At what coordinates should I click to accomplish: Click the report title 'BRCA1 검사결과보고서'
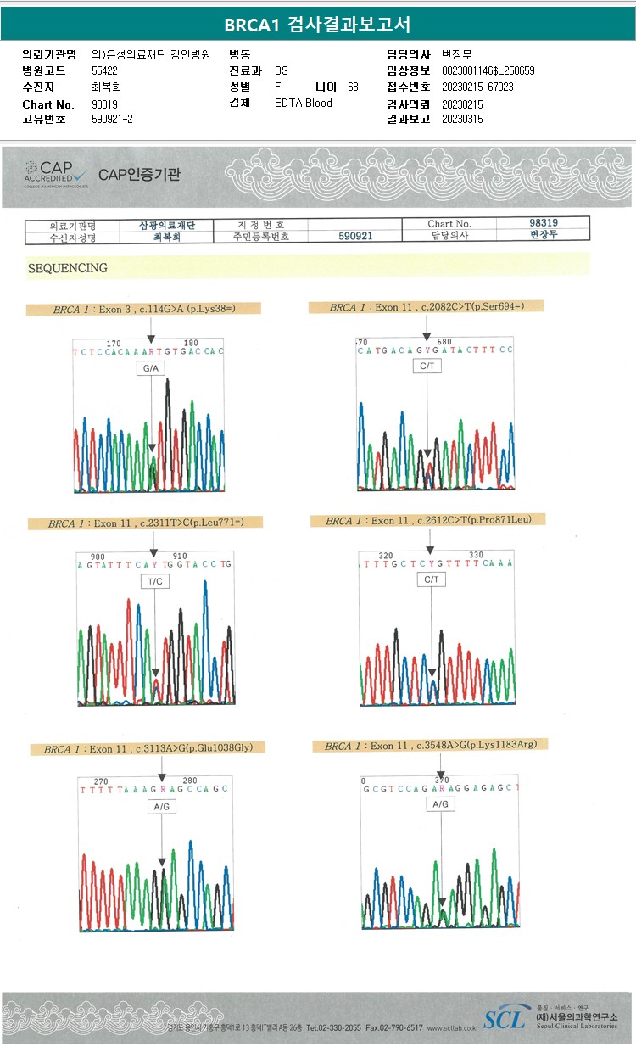(317, 24)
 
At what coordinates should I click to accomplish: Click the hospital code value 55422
(106, 70)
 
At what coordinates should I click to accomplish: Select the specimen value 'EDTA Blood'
(304, 104)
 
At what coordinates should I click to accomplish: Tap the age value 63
(353, 87)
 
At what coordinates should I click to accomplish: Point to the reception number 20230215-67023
(477, 87)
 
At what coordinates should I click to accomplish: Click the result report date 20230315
(462, 120)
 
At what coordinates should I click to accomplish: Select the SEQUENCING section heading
(68, 268)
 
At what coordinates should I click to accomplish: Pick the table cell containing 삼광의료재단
(167, 225)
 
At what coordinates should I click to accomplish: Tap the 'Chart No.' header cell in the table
(449, 224)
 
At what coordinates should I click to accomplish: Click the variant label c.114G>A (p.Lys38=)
(143, 309)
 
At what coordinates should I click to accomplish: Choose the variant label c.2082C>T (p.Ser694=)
(426, 306)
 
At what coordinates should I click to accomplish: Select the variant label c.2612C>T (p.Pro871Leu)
(428, 520)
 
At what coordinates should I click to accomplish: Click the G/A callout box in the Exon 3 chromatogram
(151, 369)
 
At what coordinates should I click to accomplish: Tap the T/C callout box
(155, 581)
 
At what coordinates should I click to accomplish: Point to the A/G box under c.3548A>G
(440, 803)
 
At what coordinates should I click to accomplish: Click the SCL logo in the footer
(504, 1018)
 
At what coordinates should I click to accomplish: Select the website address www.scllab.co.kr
(453, 1027)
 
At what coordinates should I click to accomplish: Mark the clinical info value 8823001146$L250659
(488, 70)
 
